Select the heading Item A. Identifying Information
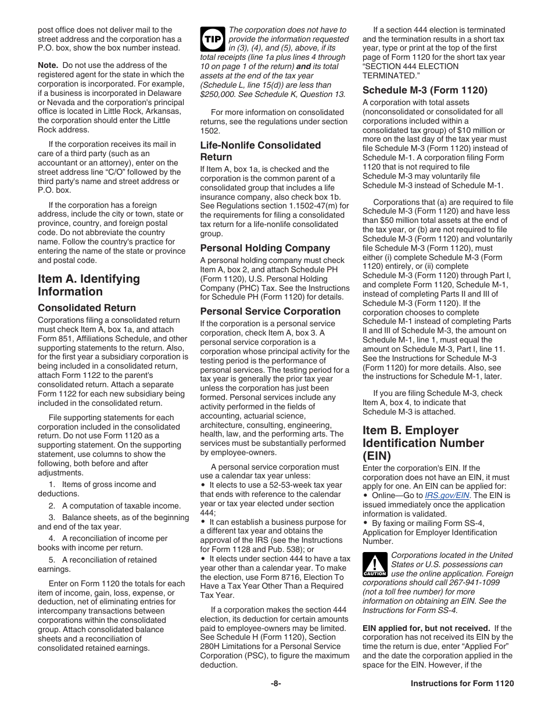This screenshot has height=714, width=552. coord(89,285)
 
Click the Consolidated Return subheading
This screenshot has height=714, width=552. coord(87,308)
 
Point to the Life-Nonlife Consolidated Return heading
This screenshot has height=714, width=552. coord(260,151)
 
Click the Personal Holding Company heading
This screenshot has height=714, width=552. coord(265,248)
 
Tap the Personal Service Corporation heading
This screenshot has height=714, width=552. coord(270,311)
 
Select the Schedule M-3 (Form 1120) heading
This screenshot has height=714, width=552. coord(425,90)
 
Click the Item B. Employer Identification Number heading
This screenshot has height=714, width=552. coord(423,443)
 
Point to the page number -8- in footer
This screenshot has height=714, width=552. coord(276,684)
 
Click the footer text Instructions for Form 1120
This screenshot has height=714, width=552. coord(462,684)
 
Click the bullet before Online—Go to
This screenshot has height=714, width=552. coord(365,496)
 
